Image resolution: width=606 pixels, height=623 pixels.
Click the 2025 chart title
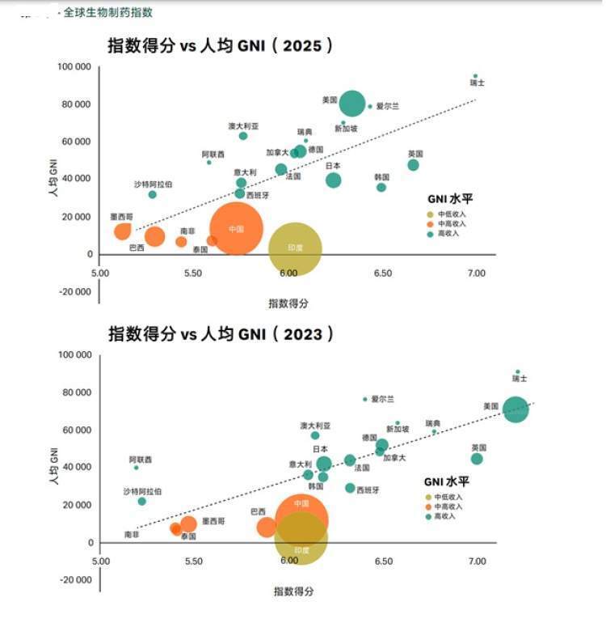(x=220, y=46)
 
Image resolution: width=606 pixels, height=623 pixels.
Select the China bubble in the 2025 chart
(x=236, y=229)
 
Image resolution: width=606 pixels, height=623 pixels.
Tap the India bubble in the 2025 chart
(x=295, y=248)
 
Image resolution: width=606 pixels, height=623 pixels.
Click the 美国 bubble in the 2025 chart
(x=352, y=104)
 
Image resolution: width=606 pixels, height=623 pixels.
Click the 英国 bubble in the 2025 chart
(x=413, y=165)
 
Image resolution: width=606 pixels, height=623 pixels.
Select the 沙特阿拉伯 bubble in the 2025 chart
(x=153, y=194)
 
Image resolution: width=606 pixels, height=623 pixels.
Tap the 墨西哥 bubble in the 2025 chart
(x=123, y=231)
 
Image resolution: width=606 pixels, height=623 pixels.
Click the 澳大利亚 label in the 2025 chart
(x=243, y=126)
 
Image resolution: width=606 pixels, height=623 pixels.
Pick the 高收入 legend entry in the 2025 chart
(x=446, y=233)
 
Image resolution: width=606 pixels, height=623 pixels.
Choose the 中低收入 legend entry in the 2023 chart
(x=448, y=497)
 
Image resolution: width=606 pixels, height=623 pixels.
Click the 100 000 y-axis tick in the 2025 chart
(x=74, y=66)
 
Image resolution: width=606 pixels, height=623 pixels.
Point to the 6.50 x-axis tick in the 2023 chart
(x=383, y=561)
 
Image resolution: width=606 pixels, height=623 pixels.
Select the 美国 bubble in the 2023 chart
(x=516, y=409)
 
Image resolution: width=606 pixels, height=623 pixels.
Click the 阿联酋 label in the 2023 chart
(x=140, y=460)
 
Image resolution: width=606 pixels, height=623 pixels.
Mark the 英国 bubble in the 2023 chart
(x=477, y=459)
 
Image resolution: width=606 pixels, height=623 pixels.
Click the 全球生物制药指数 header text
(x=108, y=13)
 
